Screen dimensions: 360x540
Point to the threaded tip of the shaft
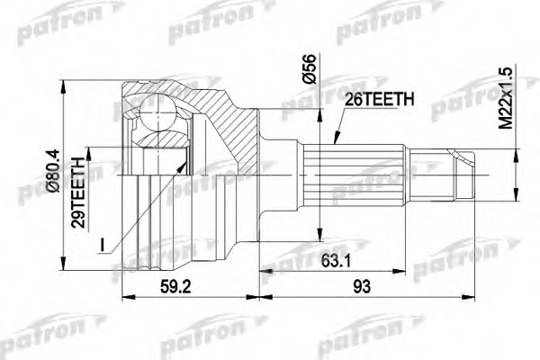464,175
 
